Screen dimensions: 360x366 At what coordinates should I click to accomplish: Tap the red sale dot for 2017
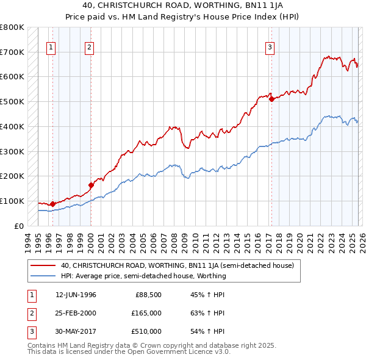coord(271,99)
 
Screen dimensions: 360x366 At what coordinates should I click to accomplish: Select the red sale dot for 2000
coord(91,185)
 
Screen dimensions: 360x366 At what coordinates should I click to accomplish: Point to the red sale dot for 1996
coord(53,204)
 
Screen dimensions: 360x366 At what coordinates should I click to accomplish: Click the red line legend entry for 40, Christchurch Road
coord(177,265)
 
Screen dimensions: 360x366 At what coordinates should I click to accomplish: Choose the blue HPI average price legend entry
coord(143,276)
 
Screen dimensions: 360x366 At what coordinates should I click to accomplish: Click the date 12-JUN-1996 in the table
coord(76,295)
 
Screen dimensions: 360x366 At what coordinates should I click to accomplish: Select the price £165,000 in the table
coord(146,313)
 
